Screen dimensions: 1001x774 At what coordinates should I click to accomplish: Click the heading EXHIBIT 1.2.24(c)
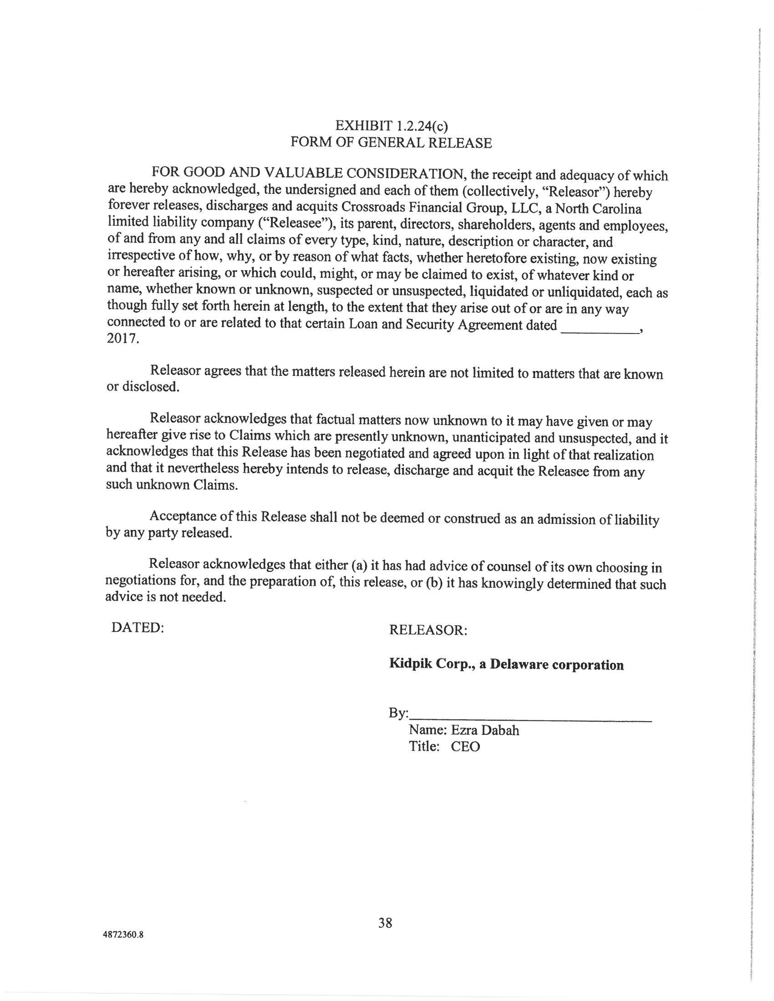(x=391, y=125)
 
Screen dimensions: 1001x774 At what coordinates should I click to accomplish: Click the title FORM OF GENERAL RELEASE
(x=391, y=142)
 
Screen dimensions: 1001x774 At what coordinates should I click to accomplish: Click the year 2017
(x=122, y=339)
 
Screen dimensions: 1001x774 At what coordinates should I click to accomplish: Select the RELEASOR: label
(x=428, y=630)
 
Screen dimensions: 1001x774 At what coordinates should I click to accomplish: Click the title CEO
(x=465, y=747)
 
